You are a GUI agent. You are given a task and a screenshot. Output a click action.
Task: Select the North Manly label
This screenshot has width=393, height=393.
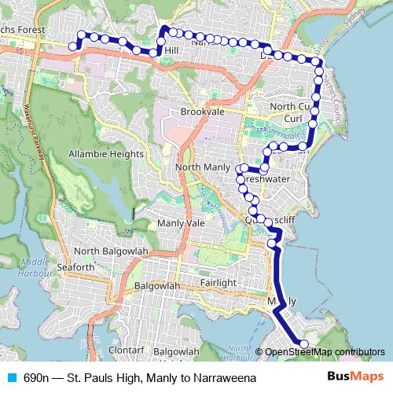coord(203,168)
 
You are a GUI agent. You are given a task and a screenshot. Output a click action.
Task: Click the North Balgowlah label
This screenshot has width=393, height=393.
coord(110,252)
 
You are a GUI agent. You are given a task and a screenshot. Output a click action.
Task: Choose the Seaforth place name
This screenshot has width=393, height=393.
coord(74,267)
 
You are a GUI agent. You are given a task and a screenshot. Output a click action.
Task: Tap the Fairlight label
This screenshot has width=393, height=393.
coord(218,282)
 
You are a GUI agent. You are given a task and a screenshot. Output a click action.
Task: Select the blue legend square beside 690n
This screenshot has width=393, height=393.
coord(11,377)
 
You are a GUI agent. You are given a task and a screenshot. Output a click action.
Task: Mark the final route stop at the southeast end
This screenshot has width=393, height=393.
coord(304,343)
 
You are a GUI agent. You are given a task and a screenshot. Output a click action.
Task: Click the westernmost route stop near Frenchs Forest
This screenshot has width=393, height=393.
coord(73,46)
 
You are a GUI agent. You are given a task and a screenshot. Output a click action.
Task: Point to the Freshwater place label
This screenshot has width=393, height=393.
coord(266,179)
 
